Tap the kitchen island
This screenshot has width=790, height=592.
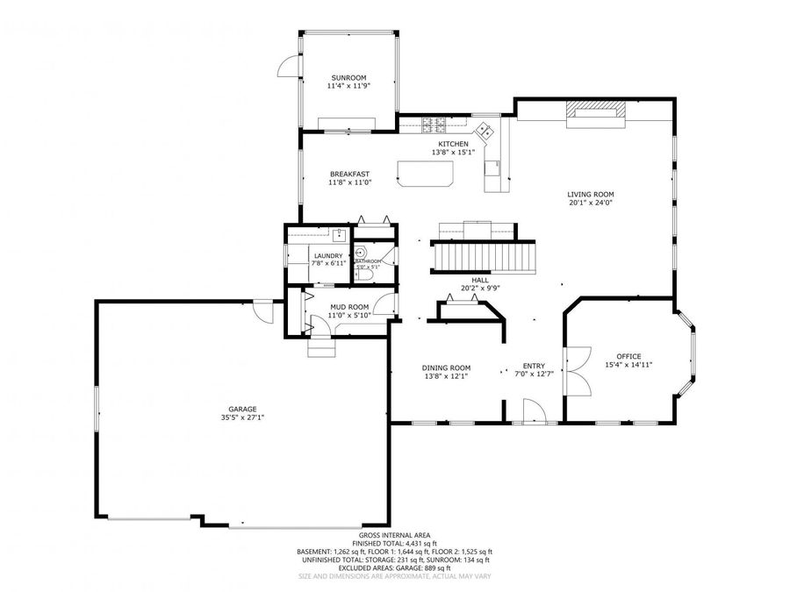click(x=427, y=173)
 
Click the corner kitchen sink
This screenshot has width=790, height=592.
click(x=485, y=130)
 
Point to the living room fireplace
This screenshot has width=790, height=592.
click(x=597, y=112)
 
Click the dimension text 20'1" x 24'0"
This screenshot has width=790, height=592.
click(x=590, y=203)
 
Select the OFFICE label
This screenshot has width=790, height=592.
click(x=628, y=356)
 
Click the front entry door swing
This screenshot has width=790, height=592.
click(x=532, y=410)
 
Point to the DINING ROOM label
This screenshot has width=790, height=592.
click(x=447, y=367)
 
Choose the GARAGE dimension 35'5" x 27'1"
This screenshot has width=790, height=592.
click(x=243, y=418)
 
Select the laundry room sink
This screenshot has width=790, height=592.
click(x=338, y=234)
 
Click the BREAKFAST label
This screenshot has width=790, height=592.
click(x=350, y=174)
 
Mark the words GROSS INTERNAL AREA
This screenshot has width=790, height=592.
click(x=394, y=536)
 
